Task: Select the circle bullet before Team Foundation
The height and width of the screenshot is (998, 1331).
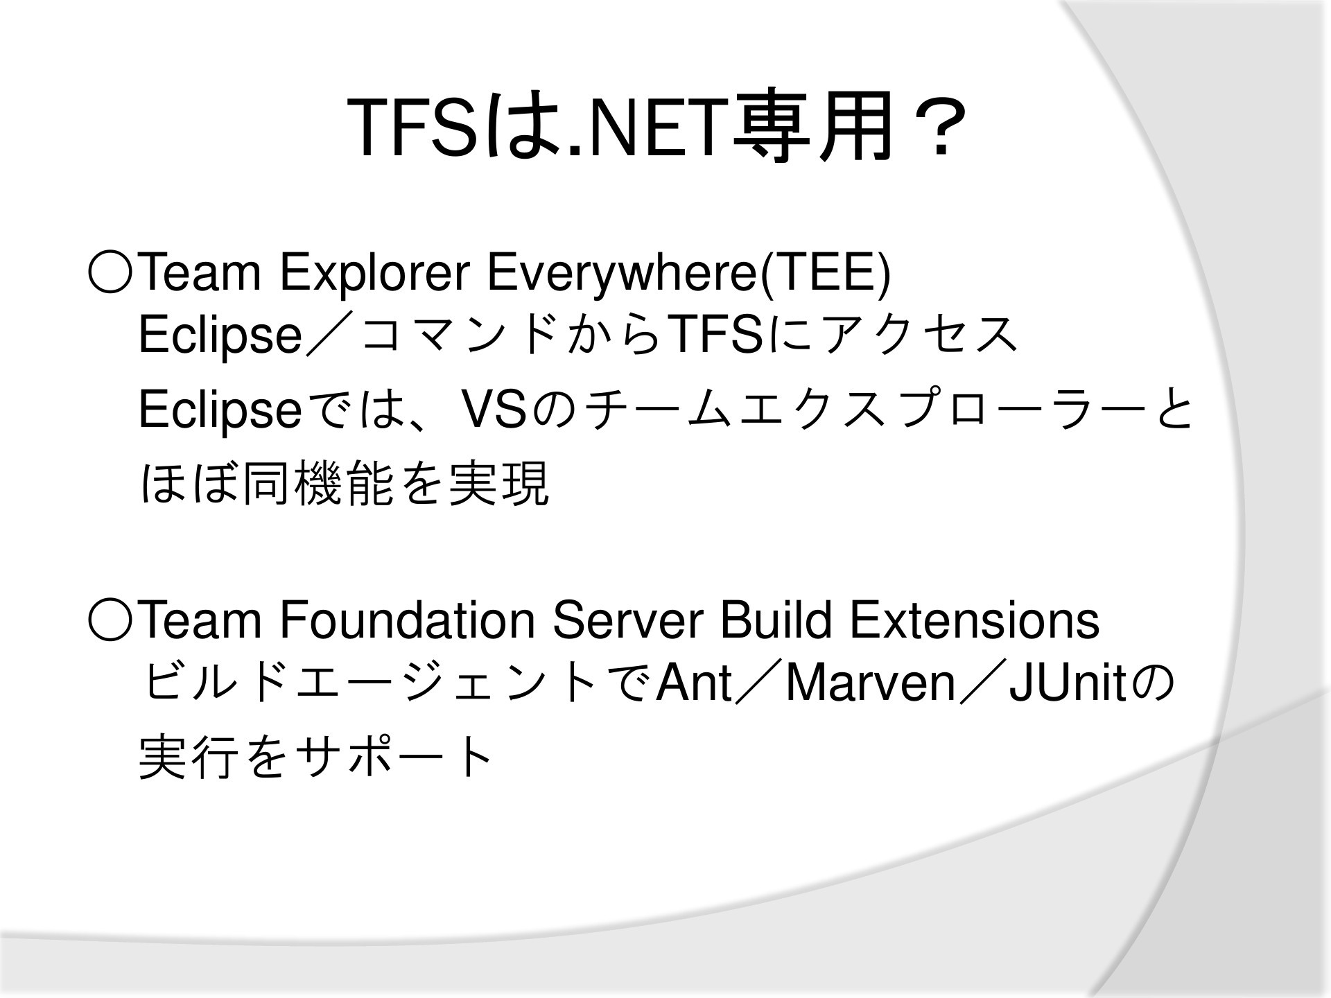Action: pyautogui.click(x=109, y=620)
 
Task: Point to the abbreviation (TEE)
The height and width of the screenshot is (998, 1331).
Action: pyautogui.click(x=825, y=274)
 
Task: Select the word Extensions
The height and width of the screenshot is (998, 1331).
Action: pyautogui.click(x=975, y=620)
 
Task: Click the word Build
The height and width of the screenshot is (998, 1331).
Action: pyautogui.click(x=776, y=620)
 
